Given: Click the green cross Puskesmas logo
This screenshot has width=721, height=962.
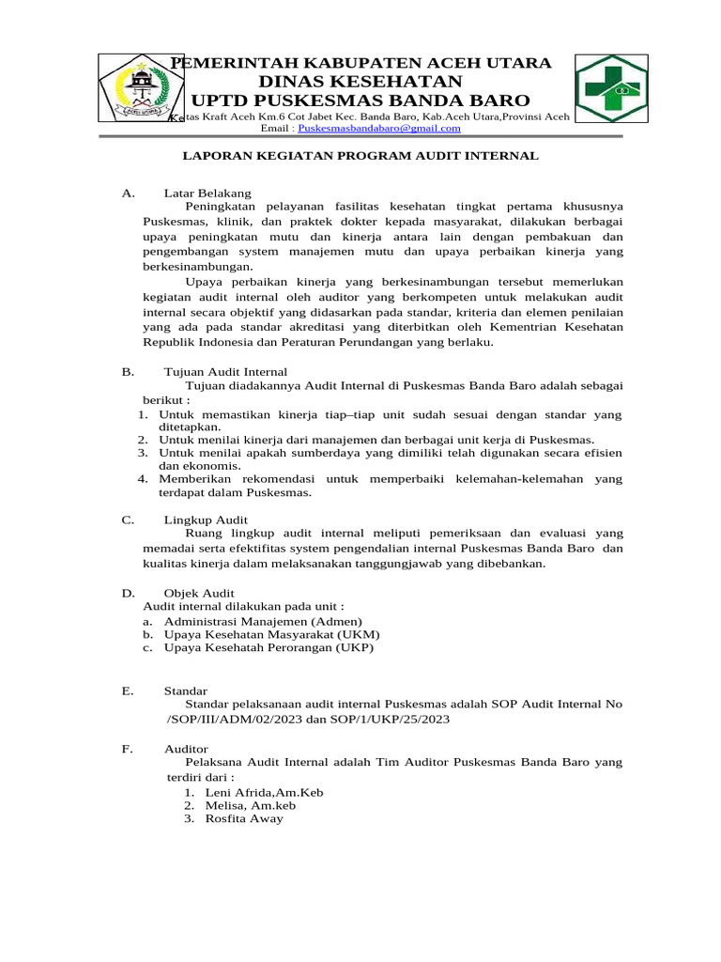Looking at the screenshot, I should [611, 88].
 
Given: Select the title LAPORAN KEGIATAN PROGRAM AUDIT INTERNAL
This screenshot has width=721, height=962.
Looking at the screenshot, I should [360, 156].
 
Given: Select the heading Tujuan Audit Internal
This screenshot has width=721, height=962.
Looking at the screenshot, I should [225, 372].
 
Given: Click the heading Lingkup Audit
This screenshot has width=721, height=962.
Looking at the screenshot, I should [206, 519].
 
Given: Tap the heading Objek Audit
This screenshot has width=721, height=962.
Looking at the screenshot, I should [199, 593].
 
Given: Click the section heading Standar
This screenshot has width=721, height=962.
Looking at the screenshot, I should [186, 690].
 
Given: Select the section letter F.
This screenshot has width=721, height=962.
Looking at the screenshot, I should [127, 750].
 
